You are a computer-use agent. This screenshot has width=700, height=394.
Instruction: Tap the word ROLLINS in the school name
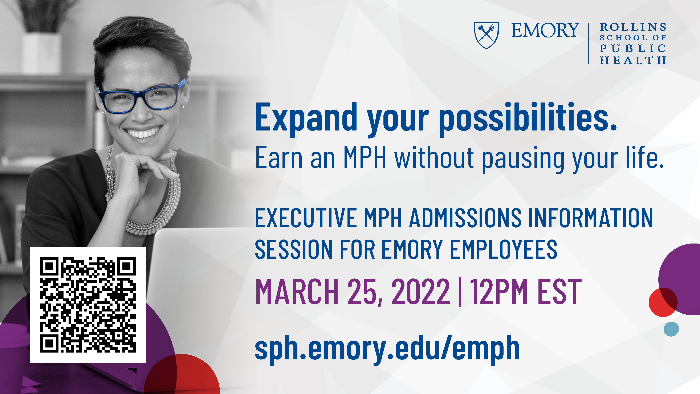pyautogui.click(x=633, y=27)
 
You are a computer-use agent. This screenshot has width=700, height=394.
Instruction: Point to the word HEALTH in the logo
pyautogui.click(x=633, y=60)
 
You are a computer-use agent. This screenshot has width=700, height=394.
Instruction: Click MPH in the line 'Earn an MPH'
pyautogui.click(x=365, y=157)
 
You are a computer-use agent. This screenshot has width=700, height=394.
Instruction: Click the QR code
pyautogui.click(x=88, y=305)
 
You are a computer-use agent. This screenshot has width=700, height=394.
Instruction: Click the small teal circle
pyautogui.click(x=671, y=329)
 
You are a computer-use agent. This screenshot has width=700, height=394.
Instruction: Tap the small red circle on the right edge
pyautogui.click(x=663, y=302)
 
